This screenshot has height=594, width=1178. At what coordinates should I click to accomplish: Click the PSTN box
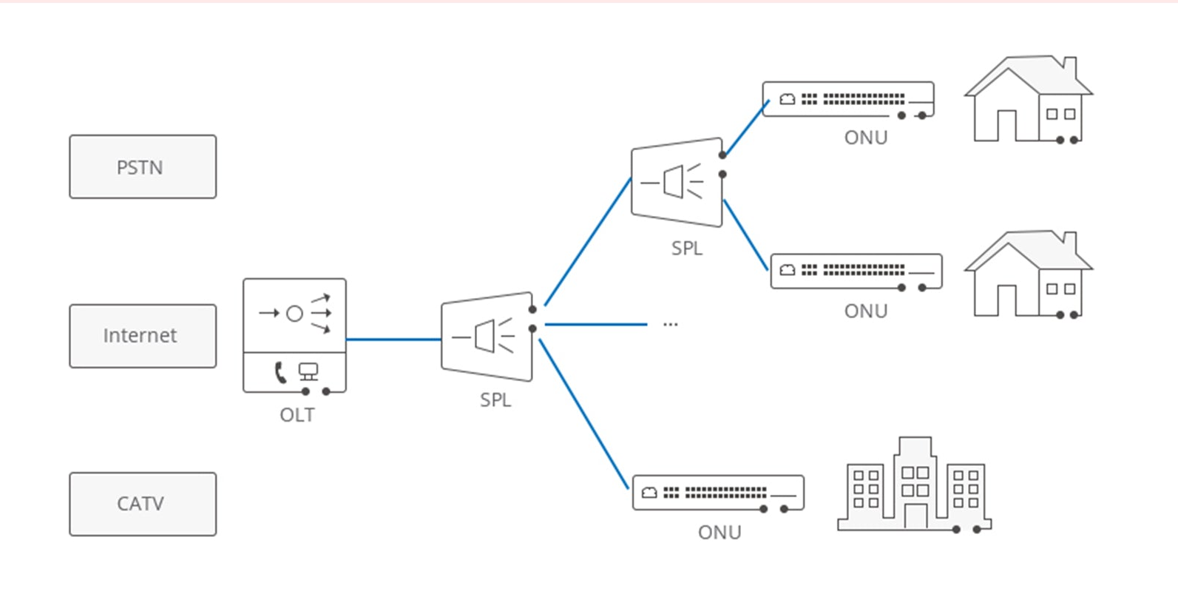coord(143,167)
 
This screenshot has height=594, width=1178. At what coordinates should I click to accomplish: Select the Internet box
coord(143,336)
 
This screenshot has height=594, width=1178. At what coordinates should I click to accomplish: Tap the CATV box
coord(143,504)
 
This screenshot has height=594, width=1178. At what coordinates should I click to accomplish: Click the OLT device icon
coord(294,335)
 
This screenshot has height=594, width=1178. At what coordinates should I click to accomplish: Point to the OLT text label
coord(297,415)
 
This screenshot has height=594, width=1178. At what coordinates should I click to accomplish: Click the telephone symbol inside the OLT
coord(280,372)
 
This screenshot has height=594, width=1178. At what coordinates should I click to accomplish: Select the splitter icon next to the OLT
coord(487,337)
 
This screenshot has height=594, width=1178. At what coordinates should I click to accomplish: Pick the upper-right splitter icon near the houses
coord(677,182)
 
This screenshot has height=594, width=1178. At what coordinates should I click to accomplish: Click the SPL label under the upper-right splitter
coord(687,249)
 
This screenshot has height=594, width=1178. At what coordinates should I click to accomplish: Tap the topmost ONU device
coord(848,99)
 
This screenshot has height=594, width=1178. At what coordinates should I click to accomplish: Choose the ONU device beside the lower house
coord(856,271)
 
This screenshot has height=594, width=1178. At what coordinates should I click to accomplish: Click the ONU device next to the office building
coord(718,493)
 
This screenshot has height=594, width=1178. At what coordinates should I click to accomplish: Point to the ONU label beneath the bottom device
coord(720,533)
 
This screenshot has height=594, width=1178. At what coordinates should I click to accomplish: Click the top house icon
coord(1029,100)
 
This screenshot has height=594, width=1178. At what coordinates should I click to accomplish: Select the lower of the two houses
coord(1029,274)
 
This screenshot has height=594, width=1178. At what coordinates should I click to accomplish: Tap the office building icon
coord(915,485)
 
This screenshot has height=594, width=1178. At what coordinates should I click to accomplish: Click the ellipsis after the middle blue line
coord(670,325)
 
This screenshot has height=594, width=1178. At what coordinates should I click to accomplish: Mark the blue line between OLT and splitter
coord(393,340)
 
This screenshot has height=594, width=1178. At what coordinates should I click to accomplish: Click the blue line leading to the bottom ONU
coord(584,414)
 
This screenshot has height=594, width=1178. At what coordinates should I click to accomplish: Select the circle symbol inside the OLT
coord(294,314)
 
